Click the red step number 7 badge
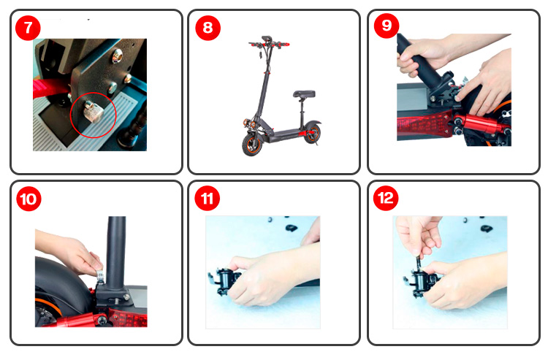point(28,28)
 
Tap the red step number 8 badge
point(208,28)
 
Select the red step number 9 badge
point(387,26)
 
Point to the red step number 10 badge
point(28,199)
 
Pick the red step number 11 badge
point(208,199)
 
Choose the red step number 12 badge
point(386,198)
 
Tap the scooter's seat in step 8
point(304,94)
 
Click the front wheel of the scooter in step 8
point(252,144)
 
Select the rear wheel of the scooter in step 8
point(313,134)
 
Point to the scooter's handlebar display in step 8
point(266,38)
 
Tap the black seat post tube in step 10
point(116,252)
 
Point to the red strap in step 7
point(49,88)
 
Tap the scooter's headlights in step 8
point(249,123)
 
